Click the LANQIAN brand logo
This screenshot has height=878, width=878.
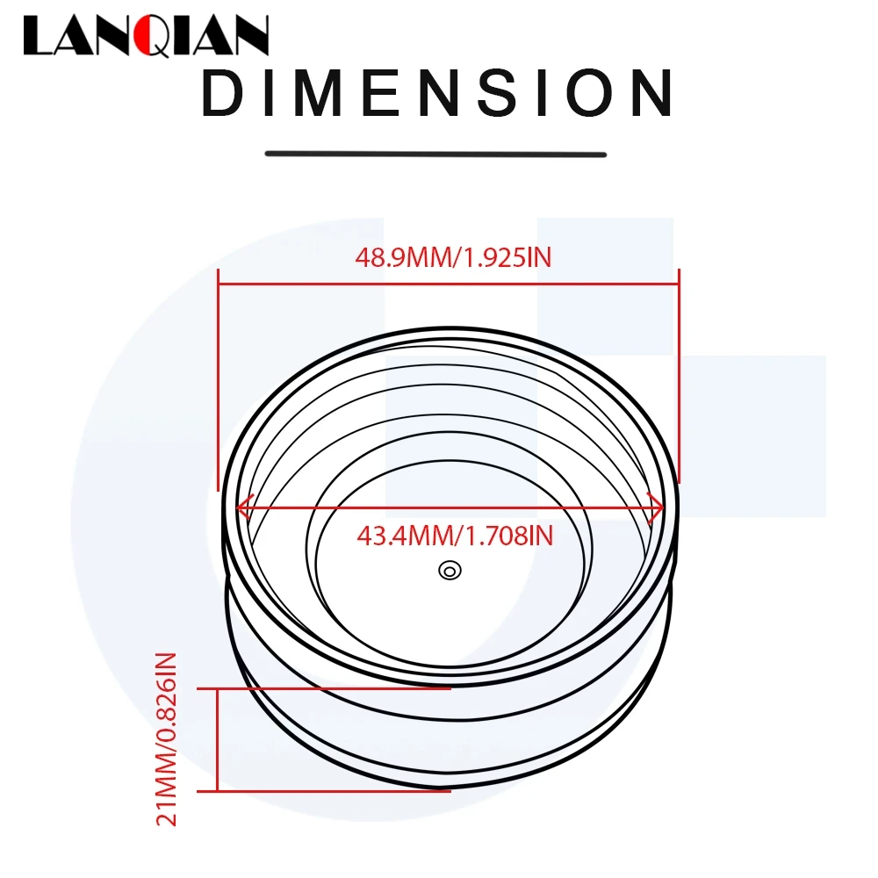click(x=146, y=37)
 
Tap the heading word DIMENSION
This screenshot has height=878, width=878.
click(x=437, y=94)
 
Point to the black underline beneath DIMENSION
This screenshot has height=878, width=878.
click(x=435, y=155)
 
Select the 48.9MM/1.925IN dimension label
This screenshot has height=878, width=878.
click(x=452, y=257)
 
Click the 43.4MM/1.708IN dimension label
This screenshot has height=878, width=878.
click(x=455, y=535)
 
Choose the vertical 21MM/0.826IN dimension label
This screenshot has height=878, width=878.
click(x=167, y=738)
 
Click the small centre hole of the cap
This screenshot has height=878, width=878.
click(x=450, y=571)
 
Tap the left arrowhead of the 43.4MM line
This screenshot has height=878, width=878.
click(x=242, y=507)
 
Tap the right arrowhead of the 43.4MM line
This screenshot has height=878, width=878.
click(x=655, y=507)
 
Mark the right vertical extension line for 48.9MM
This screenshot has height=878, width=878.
click(x=680, y=378)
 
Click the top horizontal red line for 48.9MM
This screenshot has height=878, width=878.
click(x=449, y=283)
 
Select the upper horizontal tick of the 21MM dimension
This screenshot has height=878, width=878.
click(x=334, y=689)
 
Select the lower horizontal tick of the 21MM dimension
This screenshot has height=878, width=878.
click(x=334, y=790)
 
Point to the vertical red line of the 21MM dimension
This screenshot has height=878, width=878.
click(x=217, y=739)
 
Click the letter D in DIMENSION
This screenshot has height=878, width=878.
click(x=220, y=94)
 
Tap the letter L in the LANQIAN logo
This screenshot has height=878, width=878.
click(x=39, y=38)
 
